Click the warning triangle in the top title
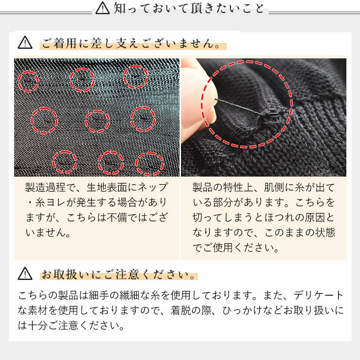103,8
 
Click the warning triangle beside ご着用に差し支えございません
25,43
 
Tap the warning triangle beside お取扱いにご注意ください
25,274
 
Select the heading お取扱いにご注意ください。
119,275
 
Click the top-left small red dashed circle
29,80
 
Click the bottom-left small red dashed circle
65,162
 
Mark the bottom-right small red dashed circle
149,164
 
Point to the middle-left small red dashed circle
44,120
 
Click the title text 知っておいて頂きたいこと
190,9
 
